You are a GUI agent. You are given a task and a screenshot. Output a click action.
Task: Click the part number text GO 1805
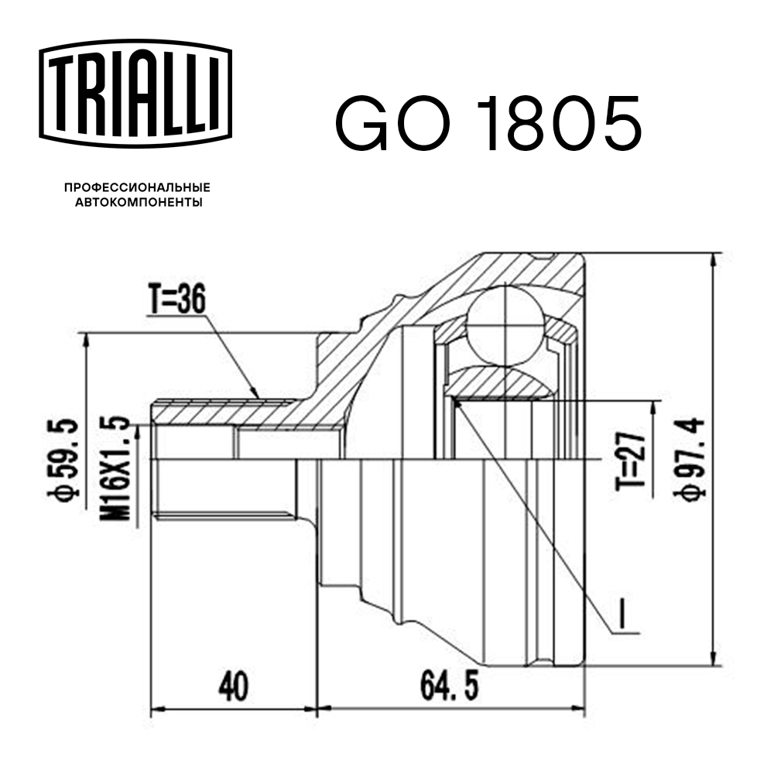coord(488,124)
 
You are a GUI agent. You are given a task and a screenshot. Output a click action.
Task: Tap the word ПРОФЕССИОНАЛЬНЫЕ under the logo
coord(137,188)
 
